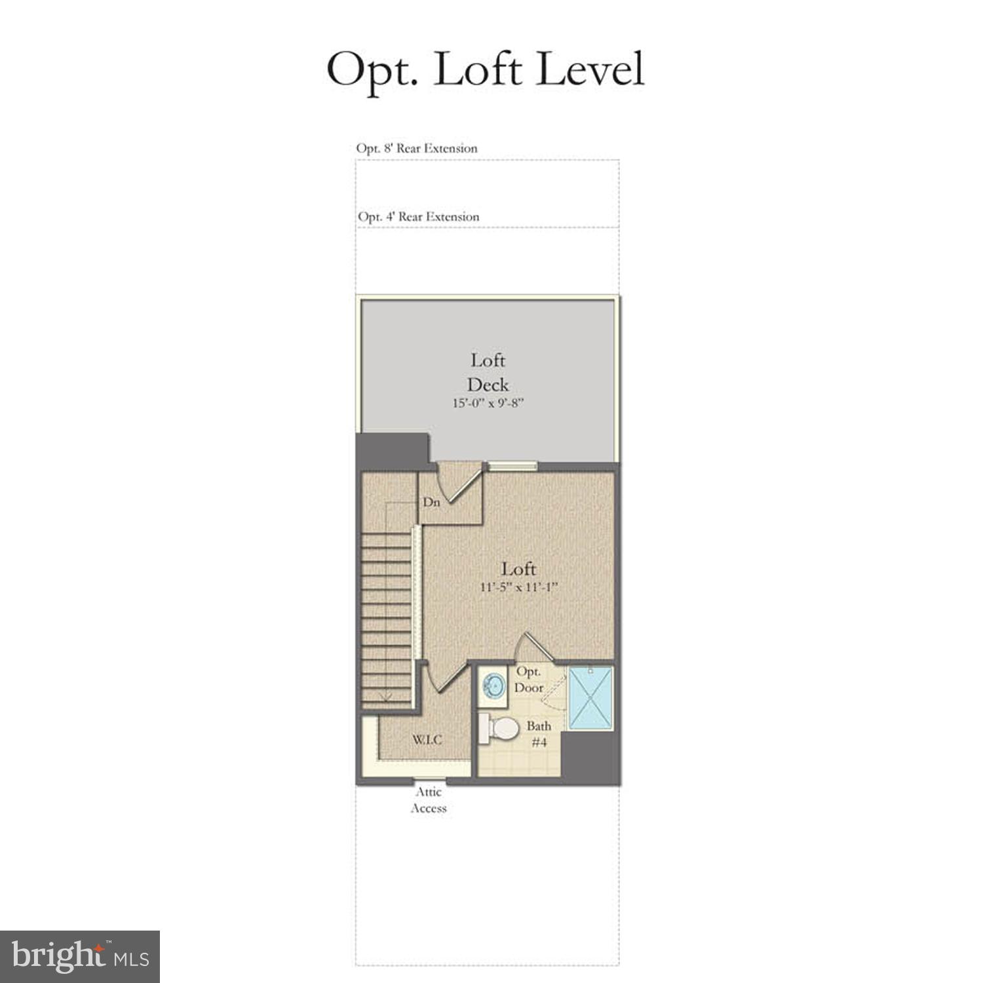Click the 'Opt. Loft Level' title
tap(486, 69)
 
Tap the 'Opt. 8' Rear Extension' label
tap(417, 148)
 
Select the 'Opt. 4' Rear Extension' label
tap(418, 216)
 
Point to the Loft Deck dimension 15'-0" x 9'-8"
tap(488, 403)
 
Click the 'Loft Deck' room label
tap(488, 372)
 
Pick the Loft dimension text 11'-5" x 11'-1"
tap(518, 587)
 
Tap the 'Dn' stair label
tap(431, 503)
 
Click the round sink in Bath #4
tap(493, 686)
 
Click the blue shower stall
tap(590, 697)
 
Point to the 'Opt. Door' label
tap(528, 680)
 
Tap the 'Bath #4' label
tap(539, 734)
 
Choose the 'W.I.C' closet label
tap(427, 740)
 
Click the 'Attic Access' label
tap(429, 800)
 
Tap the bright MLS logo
tap(80, 956)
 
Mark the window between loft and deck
tap(512, 466)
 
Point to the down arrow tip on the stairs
tap(385, 700)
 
